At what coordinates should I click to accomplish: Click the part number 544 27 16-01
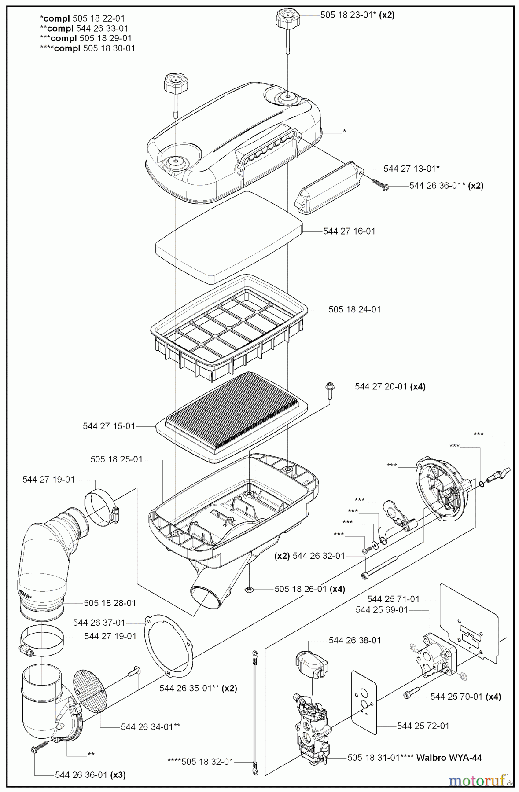pyautogui.click(x=349, y=231)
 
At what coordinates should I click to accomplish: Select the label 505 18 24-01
pyautogui.click(x=354, y=309)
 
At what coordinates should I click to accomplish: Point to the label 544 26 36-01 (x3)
pyautogui.click(x=90, y=775)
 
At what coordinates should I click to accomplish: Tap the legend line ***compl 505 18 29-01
pyautogui.click(x=85, y=38)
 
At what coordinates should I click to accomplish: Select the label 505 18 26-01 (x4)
pyautogui.click(x=309, y=589)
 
